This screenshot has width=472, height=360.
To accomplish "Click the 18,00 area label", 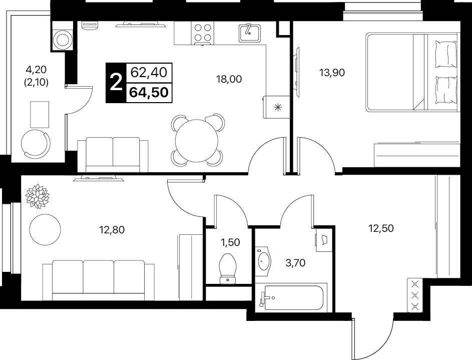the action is (x=229, y=79).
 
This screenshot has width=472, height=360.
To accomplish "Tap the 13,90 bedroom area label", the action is (x=332, y=73).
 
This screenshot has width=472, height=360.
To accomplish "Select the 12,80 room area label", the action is (x=112, y=230).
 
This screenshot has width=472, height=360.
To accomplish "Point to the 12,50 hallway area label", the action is (x=381, y=228).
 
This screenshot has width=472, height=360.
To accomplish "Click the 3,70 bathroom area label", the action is (x=295, y=263).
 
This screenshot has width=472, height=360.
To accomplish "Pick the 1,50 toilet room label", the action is (x=231, y=242).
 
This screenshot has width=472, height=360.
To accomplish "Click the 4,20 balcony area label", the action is (x=36, y=70).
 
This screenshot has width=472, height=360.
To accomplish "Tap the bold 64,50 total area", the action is (x=149, y=92).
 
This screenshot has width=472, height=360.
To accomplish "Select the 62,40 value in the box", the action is (x=149, y=73).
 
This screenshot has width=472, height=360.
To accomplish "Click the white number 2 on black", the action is (x=116, y=83).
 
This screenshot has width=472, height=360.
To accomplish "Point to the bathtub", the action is (x=291, y=297).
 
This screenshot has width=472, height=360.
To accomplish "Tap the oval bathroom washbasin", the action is (x=264, y=261).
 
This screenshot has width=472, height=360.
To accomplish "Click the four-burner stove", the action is (x=202, y=33).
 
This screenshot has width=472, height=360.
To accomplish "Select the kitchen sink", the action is (x=250, y=33).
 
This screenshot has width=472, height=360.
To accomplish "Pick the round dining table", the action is (x=197, y=141).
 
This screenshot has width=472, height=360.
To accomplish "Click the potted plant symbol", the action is (x=38, y=196).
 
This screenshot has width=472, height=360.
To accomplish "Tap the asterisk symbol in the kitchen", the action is (x=277, y=107).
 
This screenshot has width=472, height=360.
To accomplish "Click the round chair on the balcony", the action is (x=35, y=144).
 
